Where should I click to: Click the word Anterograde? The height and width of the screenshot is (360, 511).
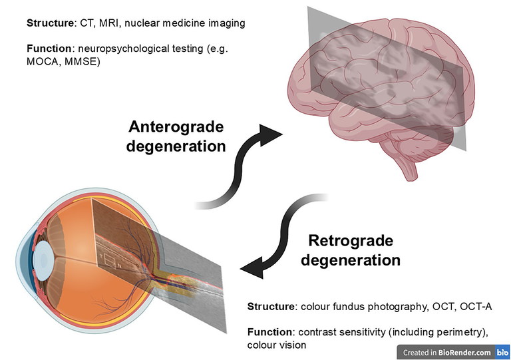pos(176,126)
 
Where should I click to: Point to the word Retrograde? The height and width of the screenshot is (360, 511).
pos(350,240)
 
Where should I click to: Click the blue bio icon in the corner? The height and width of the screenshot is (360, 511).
pos(502,353)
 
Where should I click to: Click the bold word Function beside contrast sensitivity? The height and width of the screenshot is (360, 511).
pos(269,331)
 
